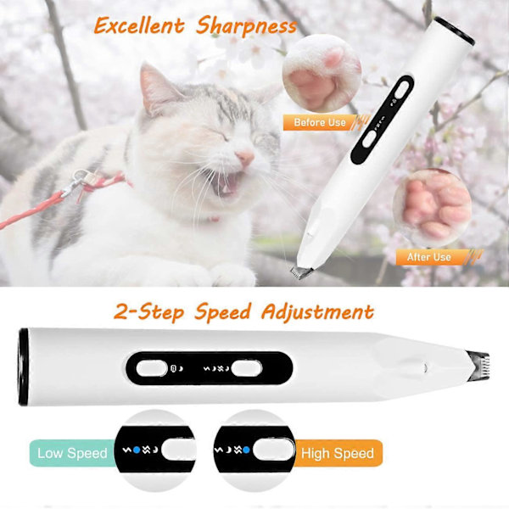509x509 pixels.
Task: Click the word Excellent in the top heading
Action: tap(139, 25)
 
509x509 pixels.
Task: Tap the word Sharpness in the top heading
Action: tap(246, 25)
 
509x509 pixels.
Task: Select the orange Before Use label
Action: tap(320, 122)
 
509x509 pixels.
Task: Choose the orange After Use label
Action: tap(428, 257)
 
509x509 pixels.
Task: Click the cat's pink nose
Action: tap(244, 157)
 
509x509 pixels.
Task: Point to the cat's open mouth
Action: tap(227, 184)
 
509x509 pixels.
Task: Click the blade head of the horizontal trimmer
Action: tap(478, 366)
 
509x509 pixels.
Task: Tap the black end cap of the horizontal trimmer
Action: tap(24, 366)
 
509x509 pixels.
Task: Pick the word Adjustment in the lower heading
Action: tap(318, 312)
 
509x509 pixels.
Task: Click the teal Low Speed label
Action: tap(72, 453)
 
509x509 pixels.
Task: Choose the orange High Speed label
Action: tap(338, 453)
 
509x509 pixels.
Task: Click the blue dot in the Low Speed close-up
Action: tap(137, 450)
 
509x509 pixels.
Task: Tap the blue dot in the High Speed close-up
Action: tap(246, 450)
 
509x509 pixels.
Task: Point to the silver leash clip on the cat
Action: tap(74, 182)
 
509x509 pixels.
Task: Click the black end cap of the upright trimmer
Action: tap(455, 31)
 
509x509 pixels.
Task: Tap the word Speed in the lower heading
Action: tap(222, 312)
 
